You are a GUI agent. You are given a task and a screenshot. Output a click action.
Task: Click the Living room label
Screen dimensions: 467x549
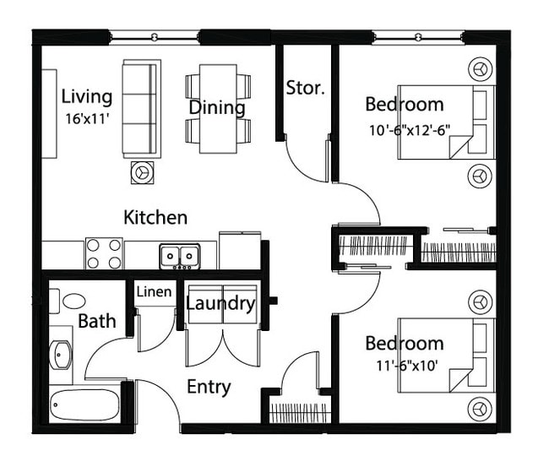click(87, 95)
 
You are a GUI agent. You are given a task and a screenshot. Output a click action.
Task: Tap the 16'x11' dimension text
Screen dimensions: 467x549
click(86, 118)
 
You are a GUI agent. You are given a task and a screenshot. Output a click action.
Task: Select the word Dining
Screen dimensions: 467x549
click(216, 108)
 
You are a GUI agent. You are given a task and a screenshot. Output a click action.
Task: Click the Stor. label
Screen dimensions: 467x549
click(305, 87)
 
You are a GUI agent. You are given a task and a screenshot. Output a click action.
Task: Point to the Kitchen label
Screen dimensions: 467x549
click(155, 217)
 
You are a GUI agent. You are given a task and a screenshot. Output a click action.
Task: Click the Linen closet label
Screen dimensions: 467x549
click(154, 292)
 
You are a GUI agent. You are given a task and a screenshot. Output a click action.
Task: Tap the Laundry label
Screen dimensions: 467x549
click(220, 303)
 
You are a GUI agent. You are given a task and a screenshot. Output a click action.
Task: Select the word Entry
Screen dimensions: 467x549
click(209, 387)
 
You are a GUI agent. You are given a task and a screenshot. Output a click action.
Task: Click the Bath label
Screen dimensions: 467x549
click(97, 321)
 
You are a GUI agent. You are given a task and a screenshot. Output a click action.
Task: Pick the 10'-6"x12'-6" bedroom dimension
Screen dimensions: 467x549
click(409, 130)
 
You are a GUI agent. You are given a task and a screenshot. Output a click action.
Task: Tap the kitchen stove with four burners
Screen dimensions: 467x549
click(104, 253)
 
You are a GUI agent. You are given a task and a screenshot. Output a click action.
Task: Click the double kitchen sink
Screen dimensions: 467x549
click(179, 255)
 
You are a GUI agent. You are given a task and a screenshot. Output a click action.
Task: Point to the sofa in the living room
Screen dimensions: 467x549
click(141, 108)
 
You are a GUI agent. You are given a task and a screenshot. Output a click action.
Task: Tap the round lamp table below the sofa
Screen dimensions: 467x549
click(141, 171)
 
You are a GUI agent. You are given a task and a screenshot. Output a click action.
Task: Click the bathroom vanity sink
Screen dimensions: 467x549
click(60, 356)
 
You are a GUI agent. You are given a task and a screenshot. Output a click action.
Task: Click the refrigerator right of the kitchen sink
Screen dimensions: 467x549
click(240, 250)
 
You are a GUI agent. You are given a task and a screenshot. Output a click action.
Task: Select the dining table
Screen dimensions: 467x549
click(219, 108)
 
